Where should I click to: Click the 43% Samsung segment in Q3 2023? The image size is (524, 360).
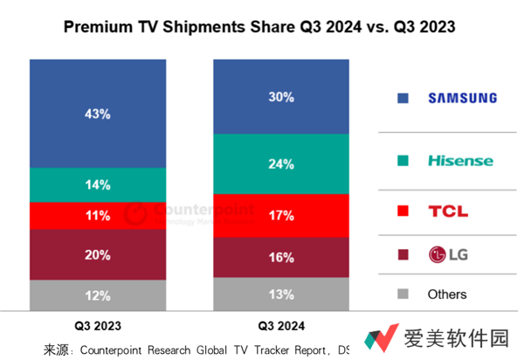point(97,114)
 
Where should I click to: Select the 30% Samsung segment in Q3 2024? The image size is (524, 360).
point(281,97)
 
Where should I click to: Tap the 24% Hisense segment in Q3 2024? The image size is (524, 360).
point(281,163)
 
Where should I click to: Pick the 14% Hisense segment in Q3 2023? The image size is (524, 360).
point(97,184)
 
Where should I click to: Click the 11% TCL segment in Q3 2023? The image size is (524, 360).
point(97,216)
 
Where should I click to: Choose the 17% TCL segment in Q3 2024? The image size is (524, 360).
point(281,215)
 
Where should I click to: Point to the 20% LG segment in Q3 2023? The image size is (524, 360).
point(97,254)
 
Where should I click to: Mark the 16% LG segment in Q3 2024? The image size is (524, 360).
point(281,257)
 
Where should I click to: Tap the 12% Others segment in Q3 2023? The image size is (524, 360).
point(97,295)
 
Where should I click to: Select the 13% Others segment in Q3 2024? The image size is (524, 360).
point(281,294)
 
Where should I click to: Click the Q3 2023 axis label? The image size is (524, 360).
point(97,325)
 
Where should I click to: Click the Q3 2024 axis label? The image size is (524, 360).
point(281,325)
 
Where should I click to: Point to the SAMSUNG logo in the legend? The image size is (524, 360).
point(462,98)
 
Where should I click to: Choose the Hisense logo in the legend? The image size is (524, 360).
point(460,161)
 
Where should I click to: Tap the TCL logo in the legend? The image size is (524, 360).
point(448,211)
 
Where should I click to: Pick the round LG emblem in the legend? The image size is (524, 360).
point(436,255)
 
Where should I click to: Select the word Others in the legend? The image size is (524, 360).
point(447,294)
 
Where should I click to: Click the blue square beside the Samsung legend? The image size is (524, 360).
point(402,98)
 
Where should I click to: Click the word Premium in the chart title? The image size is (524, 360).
point(97,28)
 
